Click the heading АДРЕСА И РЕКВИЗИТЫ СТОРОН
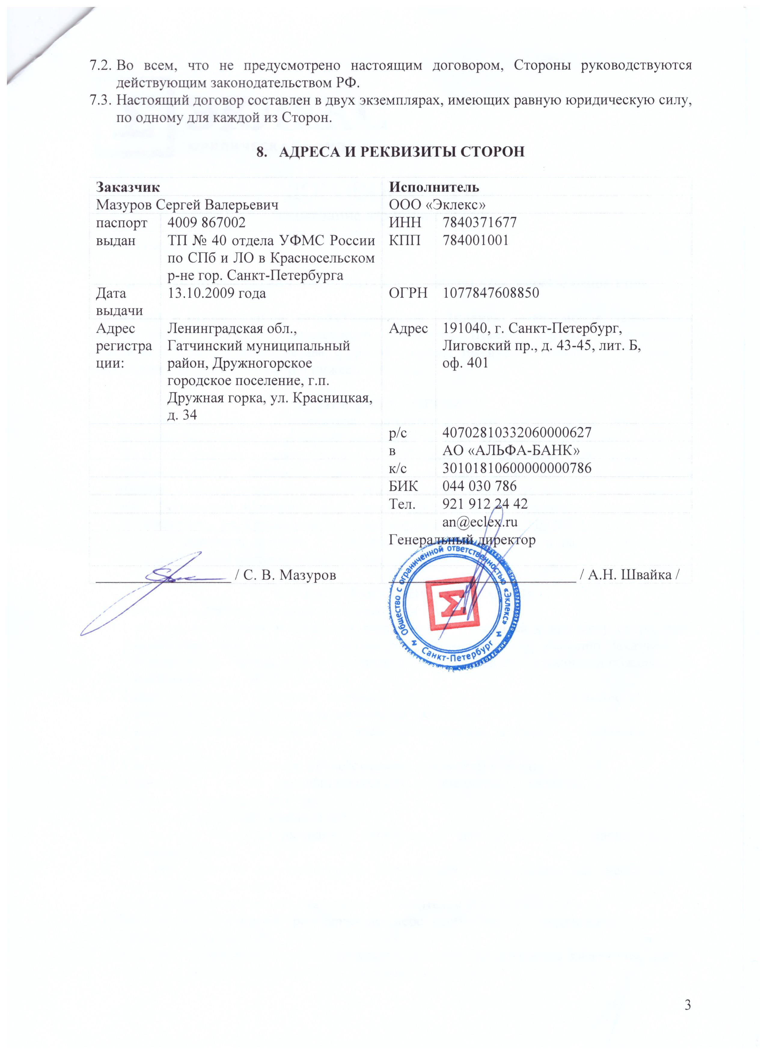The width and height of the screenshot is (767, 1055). [391, 152]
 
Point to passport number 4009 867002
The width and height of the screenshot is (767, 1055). [206, 222]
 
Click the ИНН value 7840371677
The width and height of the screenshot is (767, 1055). [479, 222]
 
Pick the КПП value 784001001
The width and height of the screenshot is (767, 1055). [475, 240]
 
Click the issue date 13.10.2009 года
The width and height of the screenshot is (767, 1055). [216, 293]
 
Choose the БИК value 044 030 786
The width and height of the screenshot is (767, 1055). [479, 486]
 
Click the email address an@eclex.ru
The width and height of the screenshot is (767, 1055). [480, 521]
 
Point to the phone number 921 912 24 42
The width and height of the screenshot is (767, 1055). [485, 504]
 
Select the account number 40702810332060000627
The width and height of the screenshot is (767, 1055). [516, 433]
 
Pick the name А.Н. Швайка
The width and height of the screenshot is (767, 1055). [628, 575]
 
